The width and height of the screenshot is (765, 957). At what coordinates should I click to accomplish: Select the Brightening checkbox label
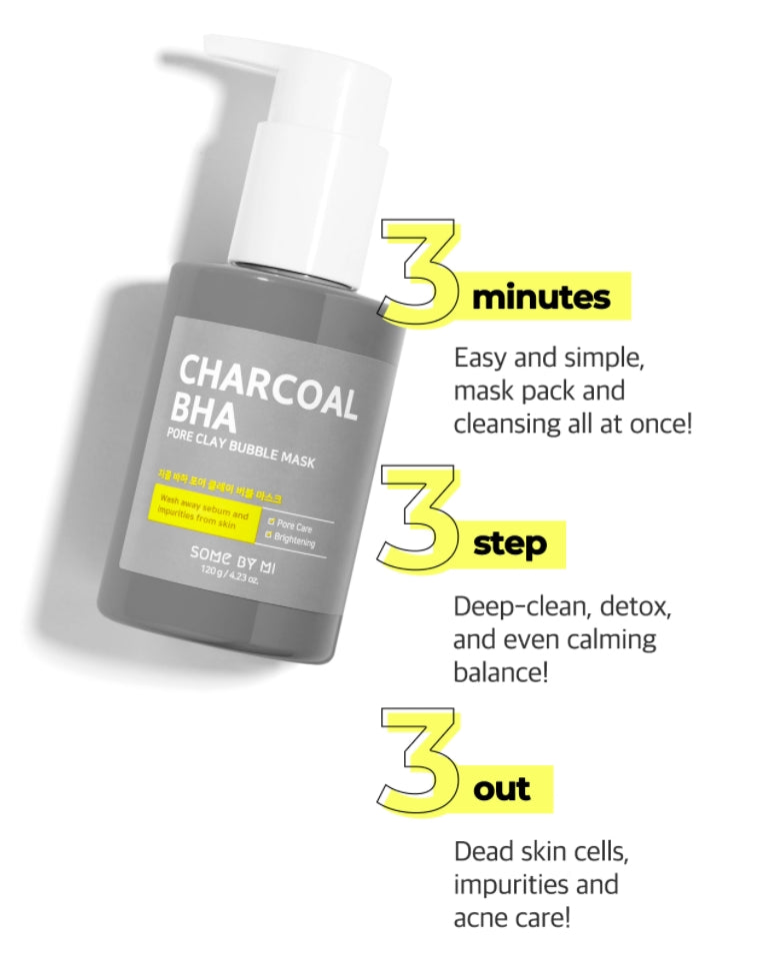click(292, 541)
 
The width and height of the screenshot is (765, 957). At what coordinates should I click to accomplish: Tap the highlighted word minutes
click(541, 297)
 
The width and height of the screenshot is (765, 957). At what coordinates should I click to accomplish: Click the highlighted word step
click(510, 544)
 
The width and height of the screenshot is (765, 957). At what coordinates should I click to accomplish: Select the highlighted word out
click(502, 789)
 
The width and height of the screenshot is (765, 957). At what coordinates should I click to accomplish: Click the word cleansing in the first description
click(505, 423)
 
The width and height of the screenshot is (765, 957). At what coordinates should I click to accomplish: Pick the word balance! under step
click(501, 670)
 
